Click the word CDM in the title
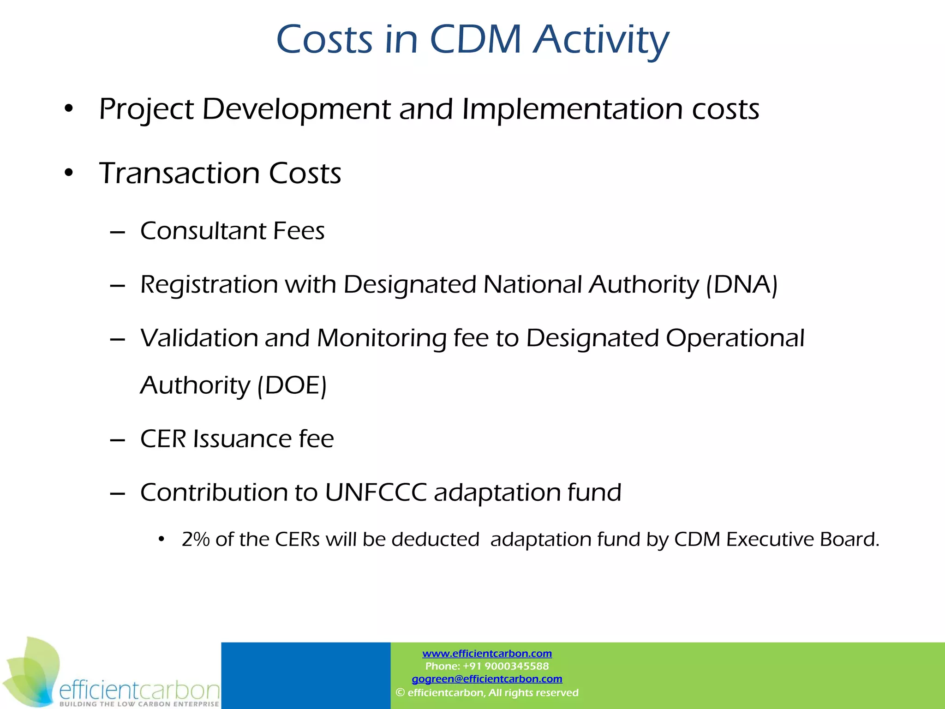(x=475, y=39)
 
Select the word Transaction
(x=179, y=174)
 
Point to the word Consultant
(x=203, y=231)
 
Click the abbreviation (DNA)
(x=742, y=284)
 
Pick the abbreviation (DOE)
(x=292, y=385)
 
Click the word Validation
(x=198, y=338)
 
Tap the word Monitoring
(x=382, y=339)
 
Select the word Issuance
(x=242, y=439)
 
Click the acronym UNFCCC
(x=376, y=492)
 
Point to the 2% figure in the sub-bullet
(x=196, y=539)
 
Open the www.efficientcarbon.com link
(x=487, y=653)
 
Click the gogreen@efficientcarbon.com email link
(x=487, y=679)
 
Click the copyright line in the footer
(x=487, y=692)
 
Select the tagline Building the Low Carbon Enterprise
(x=139, y=704)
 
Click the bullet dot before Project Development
(x=69, y=109)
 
